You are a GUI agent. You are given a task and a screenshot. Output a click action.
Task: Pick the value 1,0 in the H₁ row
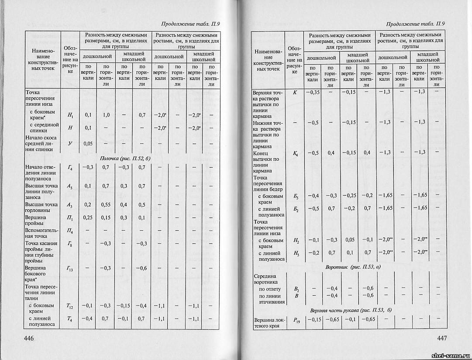coord(106,115)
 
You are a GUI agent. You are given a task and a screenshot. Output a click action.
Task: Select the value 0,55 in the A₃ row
coord(106,205)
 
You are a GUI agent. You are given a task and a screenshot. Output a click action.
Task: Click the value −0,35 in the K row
coord(313,92)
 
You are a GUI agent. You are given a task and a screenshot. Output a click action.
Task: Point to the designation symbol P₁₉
coord(296,320)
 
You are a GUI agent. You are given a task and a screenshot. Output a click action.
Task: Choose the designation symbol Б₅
coord(296,195)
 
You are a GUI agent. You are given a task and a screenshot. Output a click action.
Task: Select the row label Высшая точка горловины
coord(41,207)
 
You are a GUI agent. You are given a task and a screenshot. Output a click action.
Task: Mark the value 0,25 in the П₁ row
coord(87,218)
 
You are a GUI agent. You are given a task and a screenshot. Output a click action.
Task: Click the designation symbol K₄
coord(296,153)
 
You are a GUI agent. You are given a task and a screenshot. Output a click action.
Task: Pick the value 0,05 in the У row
coord(87,143)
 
